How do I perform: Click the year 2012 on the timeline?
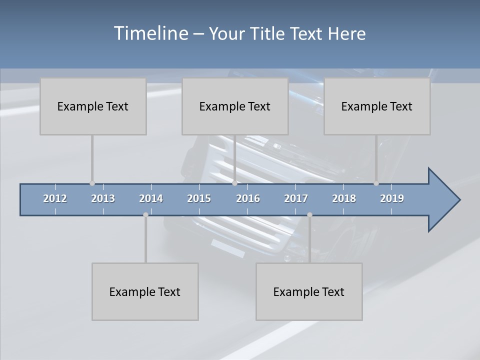tap(55, 198)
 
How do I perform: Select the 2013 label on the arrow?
tap(103, 198)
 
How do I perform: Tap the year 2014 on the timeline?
tap(151, 198)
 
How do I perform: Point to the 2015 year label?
tap(199, 198)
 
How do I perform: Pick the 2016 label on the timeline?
tap(248, 198)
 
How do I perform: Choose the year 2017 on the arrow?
tap(296, 198)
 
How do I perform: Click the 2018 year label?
tap(344, 198)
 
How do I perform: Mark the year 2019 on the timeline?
tap(392, 198)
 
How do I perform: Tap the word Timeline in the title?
tap(149, 33)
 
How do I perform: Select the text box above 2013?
tap(93, 106)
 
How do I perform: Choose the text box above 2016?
tap(235, 106)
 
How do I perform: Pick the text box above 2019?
tap(377, 106)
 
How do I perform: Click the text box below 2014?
tap(145, 291)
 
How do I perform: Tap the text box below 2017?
tap(309, 291)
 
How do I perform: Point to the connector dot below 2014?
tap(145, 215)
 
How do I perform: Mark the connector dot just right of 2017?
tap(309, 215)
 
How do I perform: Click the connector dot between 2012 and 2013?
tap(92, 183)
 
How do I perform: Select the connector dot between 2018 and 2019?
tap(376, 183)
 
